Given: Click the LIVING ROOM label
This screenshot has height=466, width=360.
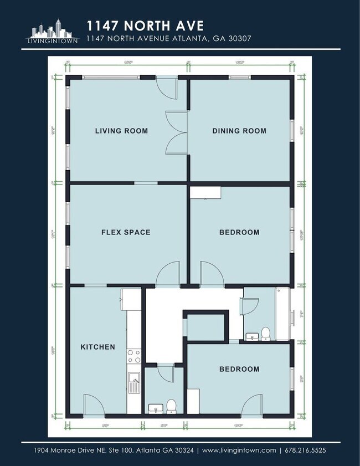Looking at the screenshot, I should pos(121,131).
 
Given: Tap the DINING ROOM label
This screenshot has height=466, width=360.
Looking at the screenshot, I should pos(239,131).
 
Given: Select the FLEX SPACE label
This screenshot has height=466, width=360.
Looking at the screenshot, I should pos(126,232).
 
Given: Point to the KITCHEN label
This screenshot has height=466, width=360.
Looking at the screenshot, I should pos(98,347).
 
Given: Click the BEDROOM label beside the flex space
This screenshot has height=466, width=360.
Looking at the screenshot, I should pos(239,232).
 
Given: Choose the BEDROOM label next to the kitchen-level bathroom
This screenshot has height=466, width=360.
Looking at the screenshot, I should pos(239,369).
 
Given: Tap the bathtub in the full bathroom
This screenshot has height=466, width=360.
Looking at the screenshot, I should pos(283,313).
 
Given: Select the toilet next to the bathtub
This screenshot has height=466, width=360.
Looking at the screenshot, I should pos(266,333).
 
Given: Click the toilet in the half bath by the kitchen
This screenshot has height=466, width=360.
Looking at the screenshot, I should pos(171,407).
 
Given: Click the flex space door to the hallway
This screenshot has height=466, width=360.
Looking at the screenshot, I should pos(168,275).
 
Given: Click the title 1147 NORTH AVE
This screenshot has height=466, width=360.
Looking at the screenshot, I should pos(145,25).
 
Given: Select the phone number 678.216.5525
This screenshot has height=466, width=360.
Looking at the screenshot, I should pos(305,450).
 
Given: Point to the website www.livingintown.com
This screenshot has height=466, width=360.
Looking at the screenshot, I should pos(239,450).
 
